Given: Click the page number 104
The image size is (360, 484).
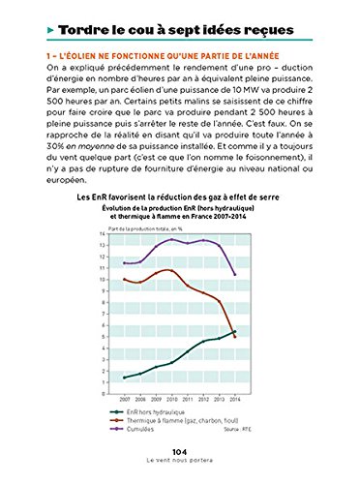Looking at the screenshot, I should [179, 452].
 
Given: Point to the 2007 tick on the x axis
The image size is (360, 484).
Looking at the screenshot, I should [125, 398].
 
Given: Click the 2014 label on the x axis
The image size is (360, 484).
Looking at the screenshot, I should [237, 398].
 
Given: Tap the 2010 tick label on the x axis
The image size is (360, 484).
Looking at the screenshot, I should [172, 398].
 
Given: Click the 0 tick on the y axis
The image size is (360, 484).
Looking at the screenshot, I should [115, 392].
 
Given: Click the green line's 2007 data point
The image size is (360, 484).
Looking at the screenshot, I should [125, 378].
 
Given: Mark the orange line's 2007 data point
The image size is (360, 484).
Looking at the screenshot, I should [125, 279].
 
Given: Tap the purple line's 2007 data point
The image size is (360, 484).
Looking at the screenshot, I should [125, 263].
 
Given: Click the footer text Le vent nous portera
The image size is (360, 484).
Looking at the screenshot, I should [179, 463].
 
